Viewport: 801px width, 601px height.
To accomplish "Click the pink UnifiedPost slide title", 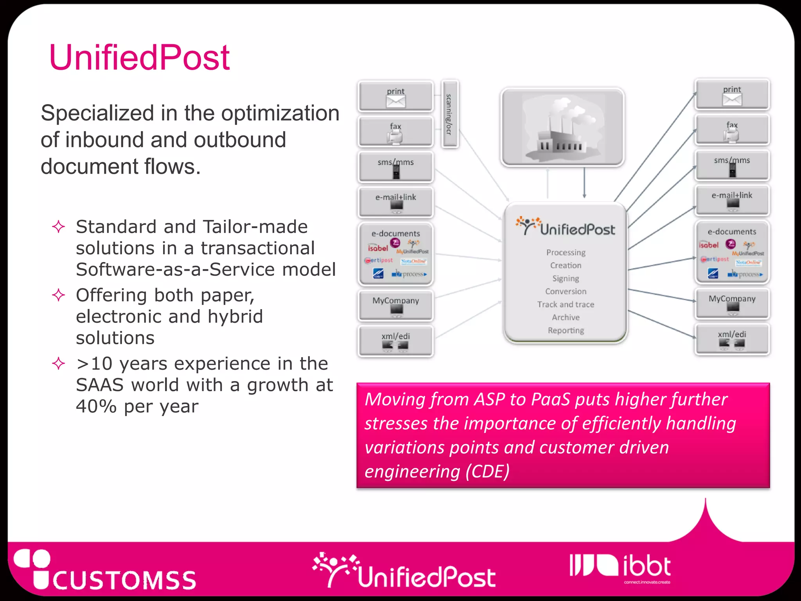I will pos(139,58).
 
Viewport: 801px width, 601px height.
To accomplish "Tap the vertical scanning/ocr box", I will pos(450,114).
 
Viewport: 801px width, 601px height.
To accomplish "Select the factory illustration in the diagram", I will pos(562,127).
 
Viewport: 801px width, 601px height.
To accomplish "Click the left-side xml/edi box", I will pos(395,341).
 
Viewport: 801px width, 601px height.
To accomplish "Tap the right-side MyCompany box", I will pos(732,304).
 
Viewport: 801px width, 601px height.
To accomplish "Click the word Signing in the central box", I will pos(566,279).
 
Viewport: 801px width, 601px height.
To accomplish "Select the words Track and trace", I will pos(566,304).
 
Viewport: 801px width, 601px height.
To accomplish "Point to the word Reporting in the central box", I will pos(566,331).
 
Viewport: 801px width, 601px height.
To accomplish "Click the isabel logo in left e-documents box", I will pos(377,248).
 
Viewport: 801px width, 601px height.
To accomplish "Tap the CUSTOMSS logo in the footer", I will pos(106,571).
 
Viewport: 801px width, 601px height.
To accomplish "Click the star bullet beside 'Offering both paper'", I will pos(59,295).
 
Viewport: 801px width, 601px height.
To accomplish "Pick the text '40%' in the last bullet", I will pos(96,407).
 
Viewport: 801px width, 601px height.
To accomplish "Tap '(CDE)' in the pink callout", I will pos(487,471).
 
